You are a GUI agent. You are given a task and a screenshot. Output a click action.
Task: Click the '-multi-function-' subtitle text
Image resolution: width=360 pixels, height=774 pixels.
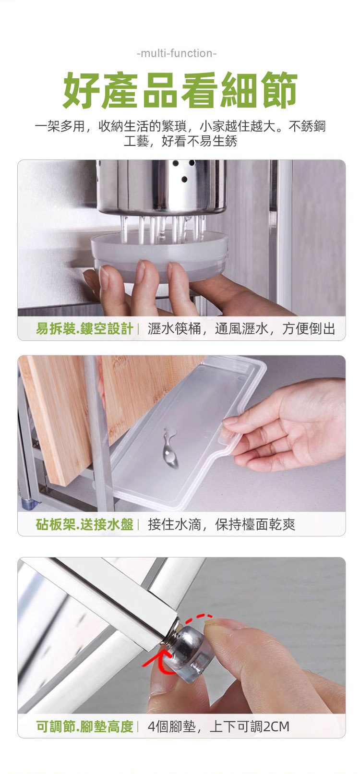click(177, 54)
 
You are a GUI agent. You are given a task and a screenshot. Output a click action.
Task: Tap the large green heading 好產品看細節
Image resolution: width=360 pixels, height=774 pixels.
click(180, 90)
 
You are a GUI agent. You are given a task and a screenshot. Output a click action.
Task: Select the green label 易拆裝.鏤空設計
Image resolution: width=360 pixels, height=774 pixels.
click(84, 328)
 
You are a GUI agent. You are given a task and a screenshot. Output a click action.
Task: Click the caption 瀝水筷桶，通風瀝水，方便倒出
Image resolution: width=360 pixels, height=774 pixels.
click(241, 328)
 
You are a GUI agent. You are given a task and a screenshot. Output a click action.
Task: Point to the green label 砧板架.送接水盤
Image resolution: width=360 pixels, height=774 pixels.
click(84, 524)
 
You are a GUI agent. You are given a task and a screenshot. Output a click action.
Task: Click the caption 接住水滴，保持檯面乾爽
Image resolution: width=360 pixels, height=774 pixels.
click(221, 524)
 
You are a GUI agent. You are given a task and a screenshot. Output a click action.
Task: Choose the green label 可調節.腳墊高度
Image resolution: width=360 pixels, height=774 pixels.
click(84, 726)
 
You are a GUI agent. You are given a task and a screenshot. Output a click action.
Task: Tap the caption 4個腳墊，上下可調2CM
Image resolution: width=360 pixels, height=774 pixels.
click(218, 726)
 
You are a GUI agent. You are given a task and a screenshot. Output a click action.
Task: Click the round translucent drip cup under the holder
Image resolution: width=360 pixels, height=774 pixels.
click(160, 256)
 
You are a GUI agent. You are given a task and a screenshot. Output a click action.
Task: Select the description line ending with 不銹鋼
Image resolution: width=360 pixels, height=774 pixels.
click(180, 126)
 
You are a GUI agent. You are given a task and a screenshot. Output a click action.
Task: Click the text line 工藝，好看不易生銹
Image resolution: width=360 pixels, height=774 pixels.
click(180, 141)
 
